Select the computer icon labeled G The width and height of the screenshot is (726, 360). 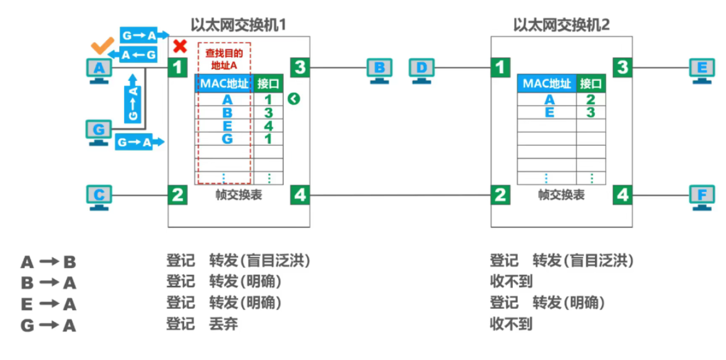(x=99, y=131)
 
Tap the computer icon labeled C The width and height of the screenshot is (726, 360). (x=99, y=196)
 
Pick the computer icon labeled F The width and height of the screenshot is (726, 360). (x=702, y=196)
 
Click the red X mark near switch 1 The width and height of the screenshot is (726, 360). (x=180, y=46)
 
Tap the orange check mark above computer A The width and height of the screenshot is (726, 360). (x=101, y=46)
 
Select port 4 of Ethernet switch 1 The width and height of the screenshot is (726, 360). (x=300, y=195)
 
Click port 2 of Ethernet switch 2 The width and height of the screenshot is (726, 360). (x=500, y=195)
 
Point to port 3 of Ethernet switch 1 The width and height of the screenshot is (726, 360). (x=300, y=67)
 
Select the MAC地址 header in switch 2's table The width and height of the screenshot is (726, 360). (x=546, y=83)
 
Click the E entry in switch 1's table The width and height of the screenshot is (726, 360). (x=227, y=126)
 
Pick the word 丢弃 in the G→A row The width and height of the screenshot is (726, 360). (x=224, y=324)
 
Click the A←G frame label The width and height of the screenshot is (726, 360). (x=139, y=56)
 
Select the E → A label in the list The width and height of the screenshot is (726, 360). (x=48, y=304)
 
